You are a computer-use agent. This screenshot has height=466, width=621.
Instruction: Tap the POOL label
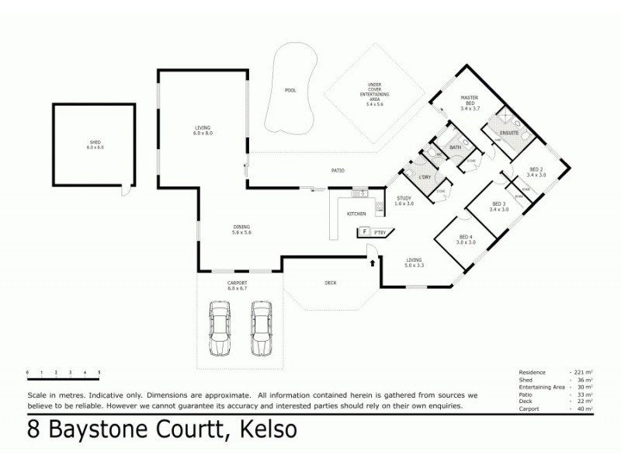(x=290, y=91)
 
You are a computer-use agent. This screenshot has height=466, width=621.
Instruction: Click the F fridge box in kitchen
(x=363, y=231)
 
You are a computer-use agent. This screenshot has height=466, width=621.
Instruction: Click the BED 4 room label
(x=466, y=240)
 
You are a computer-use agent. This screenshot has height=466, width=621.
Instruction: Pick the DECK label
(x=330, y=283)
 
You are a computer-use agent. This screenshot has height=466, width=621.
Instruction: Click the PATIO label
(x=337, y=170)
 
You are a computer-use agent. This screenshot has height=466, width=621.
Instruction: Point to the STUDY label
(x=403, y=200)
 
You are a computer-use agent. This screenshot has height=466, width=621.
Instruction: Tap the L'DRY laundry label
(x=425, y=178)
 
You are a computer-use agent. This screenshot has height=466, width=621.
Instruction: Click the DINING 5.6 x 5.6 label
(x=242, y=230)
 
